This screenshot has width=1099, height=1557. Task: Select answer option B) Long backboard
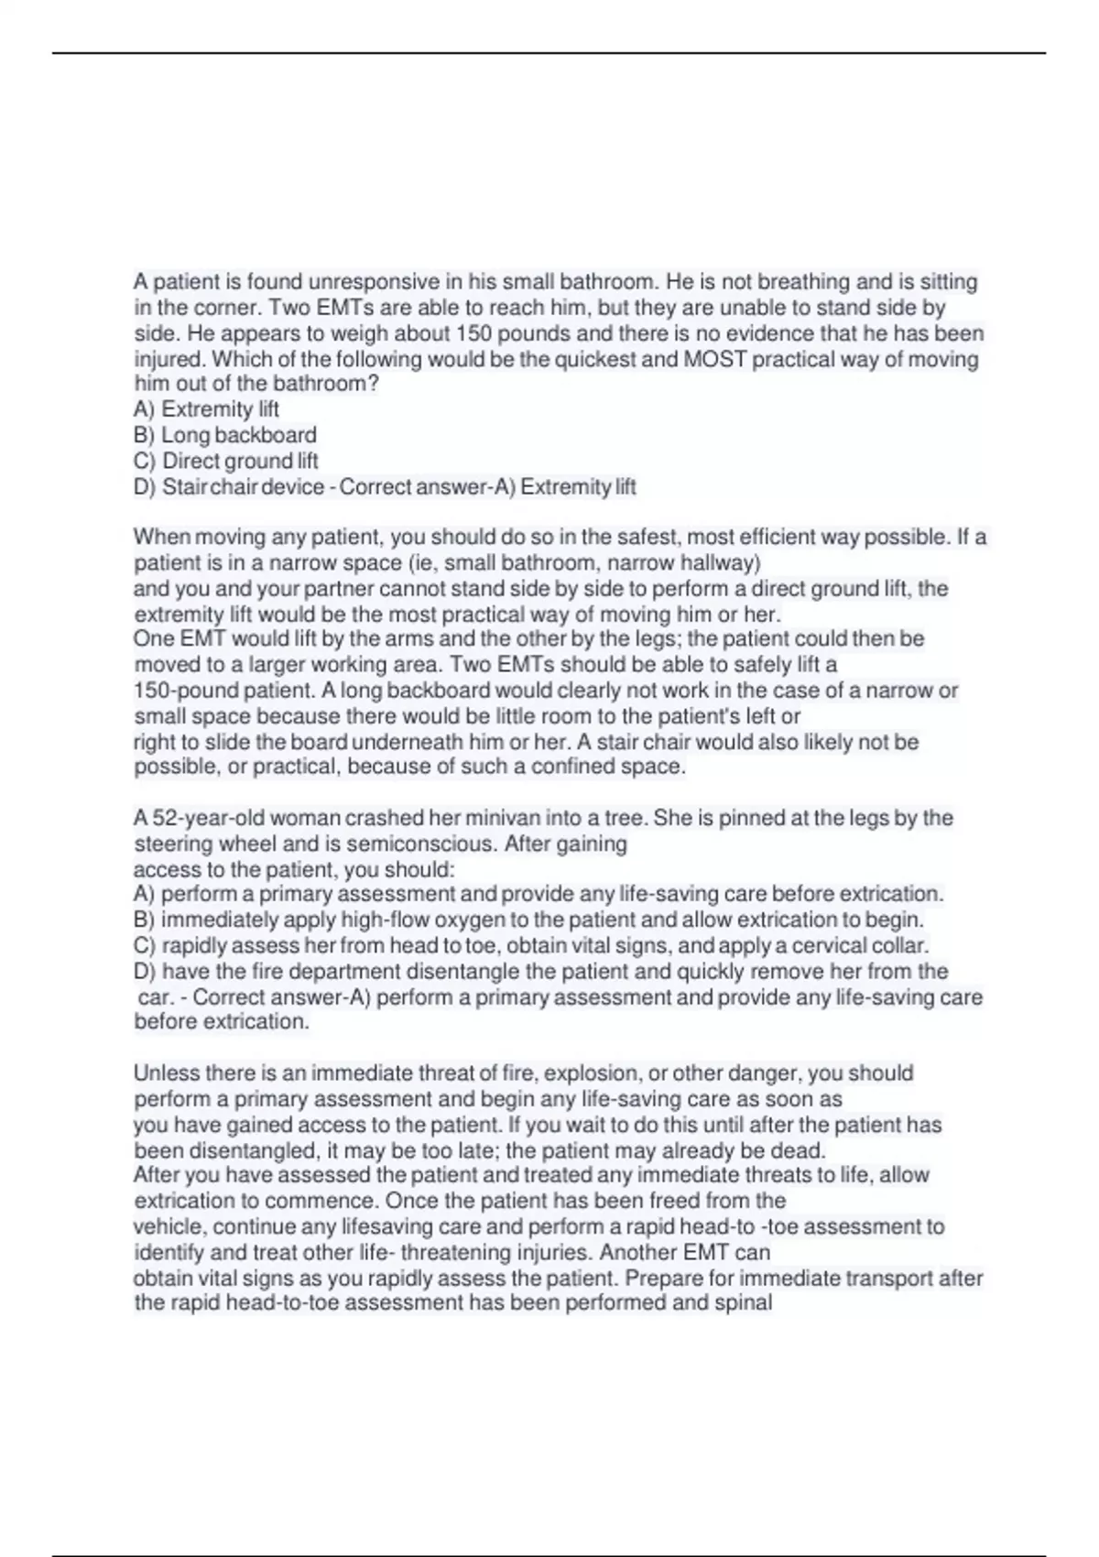click(225, 435)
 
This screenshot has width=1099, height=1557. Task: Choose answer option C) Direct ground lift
click(226, 461)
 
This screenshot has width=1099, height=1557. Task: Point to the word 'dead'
click(803, 1150)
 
